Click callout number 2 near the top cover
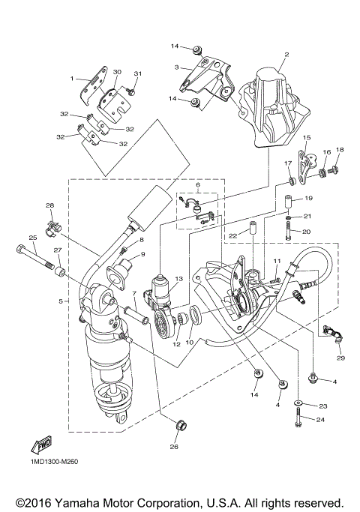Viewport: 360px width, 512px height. coord(286,55)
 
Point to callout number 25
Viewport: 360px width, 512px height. coord(32,238)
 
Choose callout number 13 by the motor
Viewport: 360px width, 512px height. coord(178,278)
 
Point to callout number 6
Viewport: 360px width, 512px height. coord(198,184)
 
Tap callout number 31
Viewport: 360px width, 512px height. coord(137,73)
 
